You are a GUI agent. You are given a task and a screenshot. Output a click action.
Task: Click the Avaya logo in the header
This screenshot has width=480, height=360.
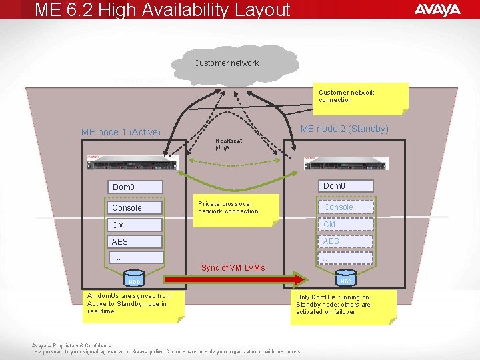[437, 9]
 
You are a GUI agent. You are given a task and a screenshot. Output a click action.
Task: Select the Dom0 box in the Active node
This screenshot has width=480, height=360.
[137, 187]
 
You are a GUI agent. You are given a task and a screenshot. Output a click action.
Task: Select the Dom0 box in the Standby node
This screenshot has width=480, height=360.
[346, 186]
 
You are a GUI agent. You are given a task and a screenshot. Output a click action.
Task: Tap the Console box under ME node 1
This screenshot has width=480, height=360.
[137, 208]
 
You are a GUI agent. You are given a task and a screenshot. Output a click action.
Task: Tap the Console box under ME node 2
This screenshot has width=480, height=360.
[346, 207]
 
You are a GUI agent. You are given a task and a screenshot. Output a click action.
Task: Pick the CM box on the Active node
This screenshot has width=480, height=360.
[137, 225]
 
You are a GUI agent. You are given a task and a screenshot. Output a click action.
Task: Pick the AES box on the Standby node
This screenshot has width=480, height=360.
[346, 241]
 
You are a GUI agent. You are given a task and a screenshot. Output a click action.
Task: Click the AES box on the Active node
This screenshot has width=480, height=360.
[137, 241]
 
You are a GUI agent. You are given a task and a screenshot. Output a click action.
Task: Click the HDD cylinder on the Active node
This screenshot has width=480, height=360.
[135, 280]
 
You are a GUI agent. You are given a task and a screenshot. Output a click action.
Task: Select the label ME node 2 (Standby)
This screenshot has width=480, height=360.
[345, 129]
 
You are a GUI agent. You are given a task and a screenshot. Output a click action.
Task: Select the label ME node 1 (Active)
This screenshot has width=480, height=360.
[121, 132]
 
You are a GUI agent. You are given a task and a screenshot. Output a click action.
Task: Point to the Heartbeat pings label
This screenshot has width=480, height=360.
[229, 144]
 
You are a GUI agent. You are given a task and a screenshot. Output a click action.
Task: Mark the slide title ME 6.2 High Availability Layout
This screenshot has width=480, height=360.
[163, 10]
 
